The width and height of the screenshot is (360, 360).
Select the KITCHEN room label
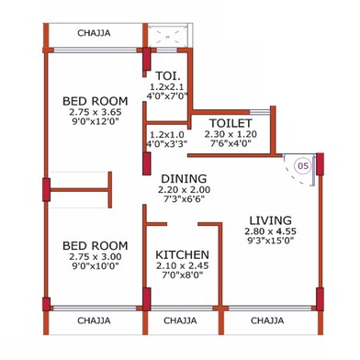(x=182, y=254)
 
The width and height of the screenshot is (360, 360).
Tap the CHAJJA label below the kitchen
(x=182, y=321)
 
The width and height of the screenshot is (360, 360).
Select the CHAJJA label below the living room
(x=266, y=321)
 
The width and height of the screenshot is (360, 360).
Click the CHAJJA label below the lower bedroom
(x=94, y=321)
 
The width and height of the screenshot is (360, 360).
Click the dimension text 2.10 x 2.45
(x=182, y=266)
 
